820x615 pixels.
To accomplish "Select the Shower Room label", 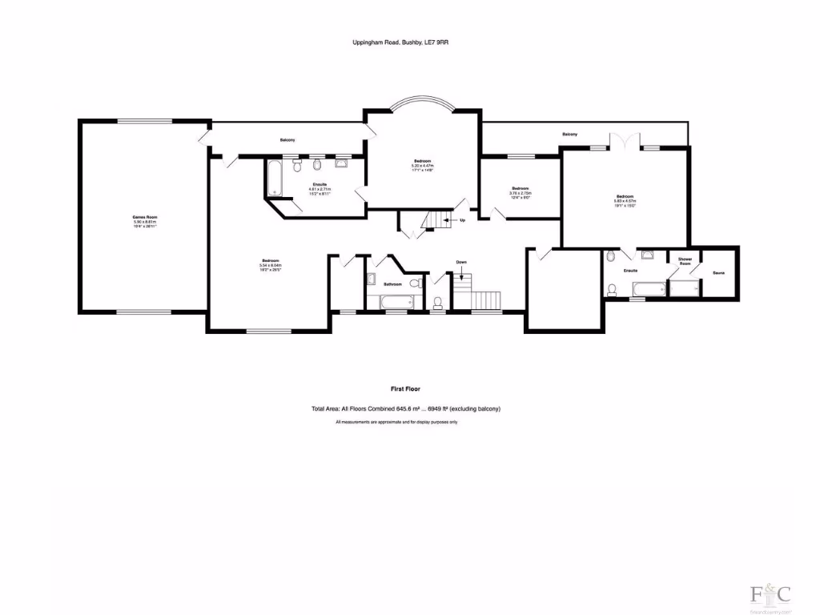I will (x=685, y=262).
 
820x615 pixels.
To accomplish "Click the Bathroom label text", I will (x=392, y=284).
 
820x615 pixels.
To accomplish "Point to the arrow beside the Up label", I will (x=453, y=220).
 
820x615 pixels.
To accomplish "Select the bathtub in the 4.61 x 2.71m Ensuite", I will (x=275, y=177).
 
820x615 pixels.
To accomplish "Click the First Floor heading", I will (x=405, y=388).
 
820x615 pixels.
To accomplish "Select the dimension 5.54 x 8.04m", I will (x=270, y=265).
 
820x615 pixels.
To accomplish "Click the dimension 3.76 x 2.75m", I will (x=521, y=193).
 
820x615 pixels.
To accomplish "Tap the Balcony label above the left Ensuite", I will (x=287, y=141).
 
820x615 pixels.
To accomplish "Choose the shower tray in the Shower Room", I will (x=685, y=287).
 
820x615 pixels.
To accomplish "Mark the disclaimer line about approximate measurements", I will (x=396, y=422).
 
